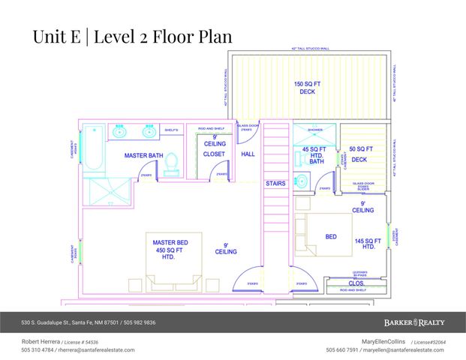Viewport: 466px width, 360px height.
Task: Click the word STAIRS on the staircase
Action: (275, 182)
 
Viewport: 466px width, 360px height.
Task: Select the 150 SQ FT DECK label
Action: (308, 87)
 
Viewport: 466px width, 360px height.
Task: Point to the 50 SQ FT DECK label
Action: (359, 154)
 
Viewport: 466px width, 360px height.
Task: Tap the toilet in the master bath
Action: (171, 163)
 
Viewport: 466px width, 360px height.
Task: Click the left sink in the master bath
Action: (119, 132)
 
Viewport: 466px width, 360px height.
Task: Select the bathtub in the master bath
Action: (95, 149)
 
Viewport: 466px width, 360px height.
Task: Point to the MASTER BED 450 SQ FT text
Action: (169, 247)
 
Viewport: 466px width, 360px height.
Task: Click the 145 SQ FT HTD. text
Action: (364, 244)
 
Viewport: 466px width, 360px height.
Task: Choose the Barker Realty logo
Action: (414, 322)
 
